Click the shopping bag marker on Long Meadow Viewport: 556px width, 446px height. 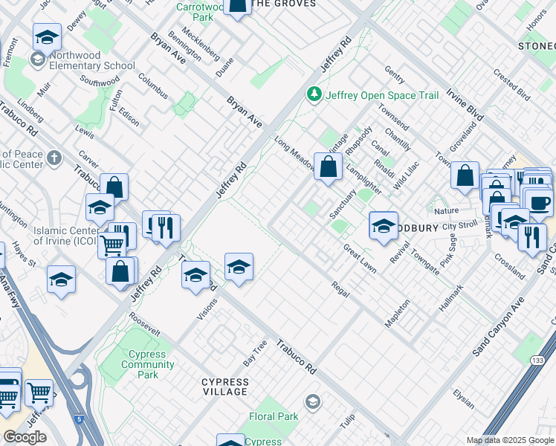tap(328, 168)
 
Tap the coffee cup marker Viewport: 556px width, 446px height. tap(540, 202)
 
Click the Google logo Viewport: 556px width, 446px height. tap(25, 437)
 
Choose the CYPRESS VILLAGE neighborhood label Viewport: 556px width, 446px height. tap(225, 387)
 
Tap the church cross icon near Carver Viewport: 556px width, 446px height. tap(54, 158)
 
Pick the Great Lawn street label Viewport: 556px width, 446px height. tap(360, 260)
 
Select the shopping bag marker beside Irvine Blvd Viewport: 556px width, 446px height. tap(465, 177)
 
